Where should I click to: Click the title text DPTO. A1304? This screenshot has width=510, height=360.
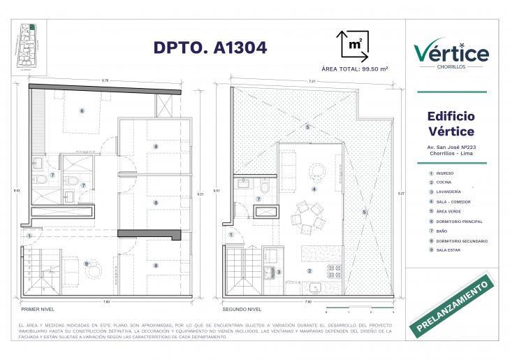coord(210,48)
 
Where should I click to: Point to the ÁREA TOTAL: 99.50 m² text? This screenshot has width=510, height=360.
coord(354,69)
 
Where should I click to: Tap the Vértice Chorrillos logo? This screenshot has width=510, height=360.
coord(451,54)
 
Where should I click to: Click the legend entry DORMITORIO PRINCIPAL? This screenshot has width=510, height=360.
coord(459,222)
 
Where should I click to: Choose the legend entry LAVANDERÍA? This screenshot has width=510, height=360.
coord(451,192)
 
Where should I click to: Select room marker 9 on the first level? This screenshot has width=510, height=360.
coord(85,264)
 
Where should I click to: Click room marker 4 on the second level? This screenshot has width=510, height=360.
coord(314,189)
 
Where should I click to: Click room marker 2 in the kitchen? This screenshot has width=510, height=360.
coord(309,271)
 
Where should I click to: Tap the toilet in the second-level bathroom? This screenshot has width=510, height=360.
coord(265,187)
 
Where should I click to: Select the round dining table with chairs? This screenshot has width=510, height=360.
coord(308,217)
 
